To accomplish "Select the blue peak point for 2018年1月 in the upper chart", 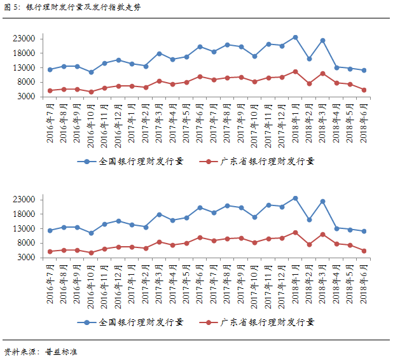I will [295, 38].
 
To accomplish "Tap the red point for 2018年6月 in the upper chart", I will [364, 90].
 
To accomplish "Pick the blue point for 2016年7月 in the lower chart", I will [50, 230].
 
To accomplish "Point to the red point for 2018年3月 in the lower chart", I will [322, 234].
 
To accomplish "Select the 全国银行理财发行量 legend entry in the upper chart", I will [134, 162].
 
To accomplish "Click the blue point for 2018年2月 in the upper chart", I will [309, 59].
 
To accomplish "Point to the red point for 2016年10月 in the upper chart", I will [91, 92].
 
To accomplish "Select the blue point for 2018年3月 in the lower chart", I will [322, 201].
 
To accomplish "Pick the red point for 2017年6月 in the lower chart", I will [200, 237].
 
